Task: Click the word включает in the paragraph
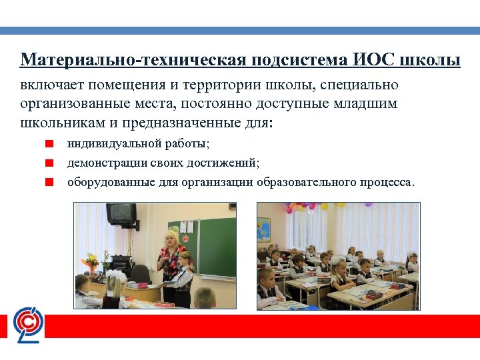(x=51, y=86)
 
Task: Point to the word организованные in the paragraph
(x=73, y=104)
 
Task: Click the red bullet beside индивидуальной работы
(x=49, y=143)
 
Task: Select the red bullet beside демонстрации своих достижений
(x=49, y=162)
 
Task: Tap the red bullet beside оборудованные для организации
(x=49, y=181)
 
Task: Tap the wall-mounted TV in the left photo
(x=121, y=214)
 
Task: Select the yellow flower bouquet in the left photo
(x=92, y=260)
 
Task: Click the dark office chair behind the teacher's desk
(x=140, y=273)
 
